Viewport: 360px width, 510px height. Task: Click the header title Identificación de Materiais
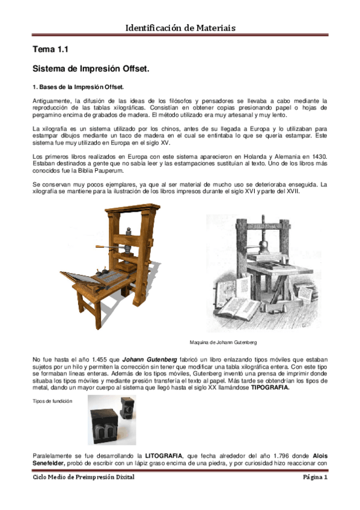[x=180, y=28]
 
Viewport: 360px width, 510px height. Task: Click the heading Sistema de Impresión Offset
[x=91, y=69]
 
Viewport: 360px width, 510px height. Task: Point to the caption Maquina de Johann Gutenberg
[x=222, y=342]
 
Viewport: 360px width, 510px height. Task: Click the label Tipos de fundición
[x=52, y=401]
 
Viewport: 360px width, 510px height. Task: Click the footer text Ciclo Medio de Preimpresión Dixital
[x=84, y=477]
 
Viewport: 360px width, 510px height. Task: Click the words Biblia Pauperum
[x=96, y=171]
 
